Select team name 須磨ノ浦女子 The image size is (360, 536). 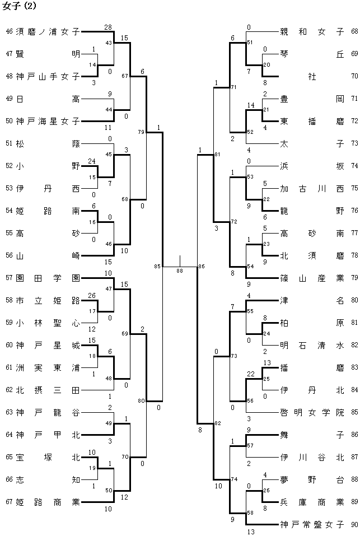48,32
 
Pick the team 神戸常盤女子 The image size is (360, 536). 312,525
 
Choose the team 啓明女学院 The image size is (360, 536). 312,413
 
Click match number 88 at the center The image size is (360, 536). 180,271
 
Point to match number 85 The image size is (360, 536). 157,267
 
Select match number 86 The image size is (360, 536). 202,267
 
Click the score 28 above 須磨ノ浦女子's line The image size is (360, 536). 108,27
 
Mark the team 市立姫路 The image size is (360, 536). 48,300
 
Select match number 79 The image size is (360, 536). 141,132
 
